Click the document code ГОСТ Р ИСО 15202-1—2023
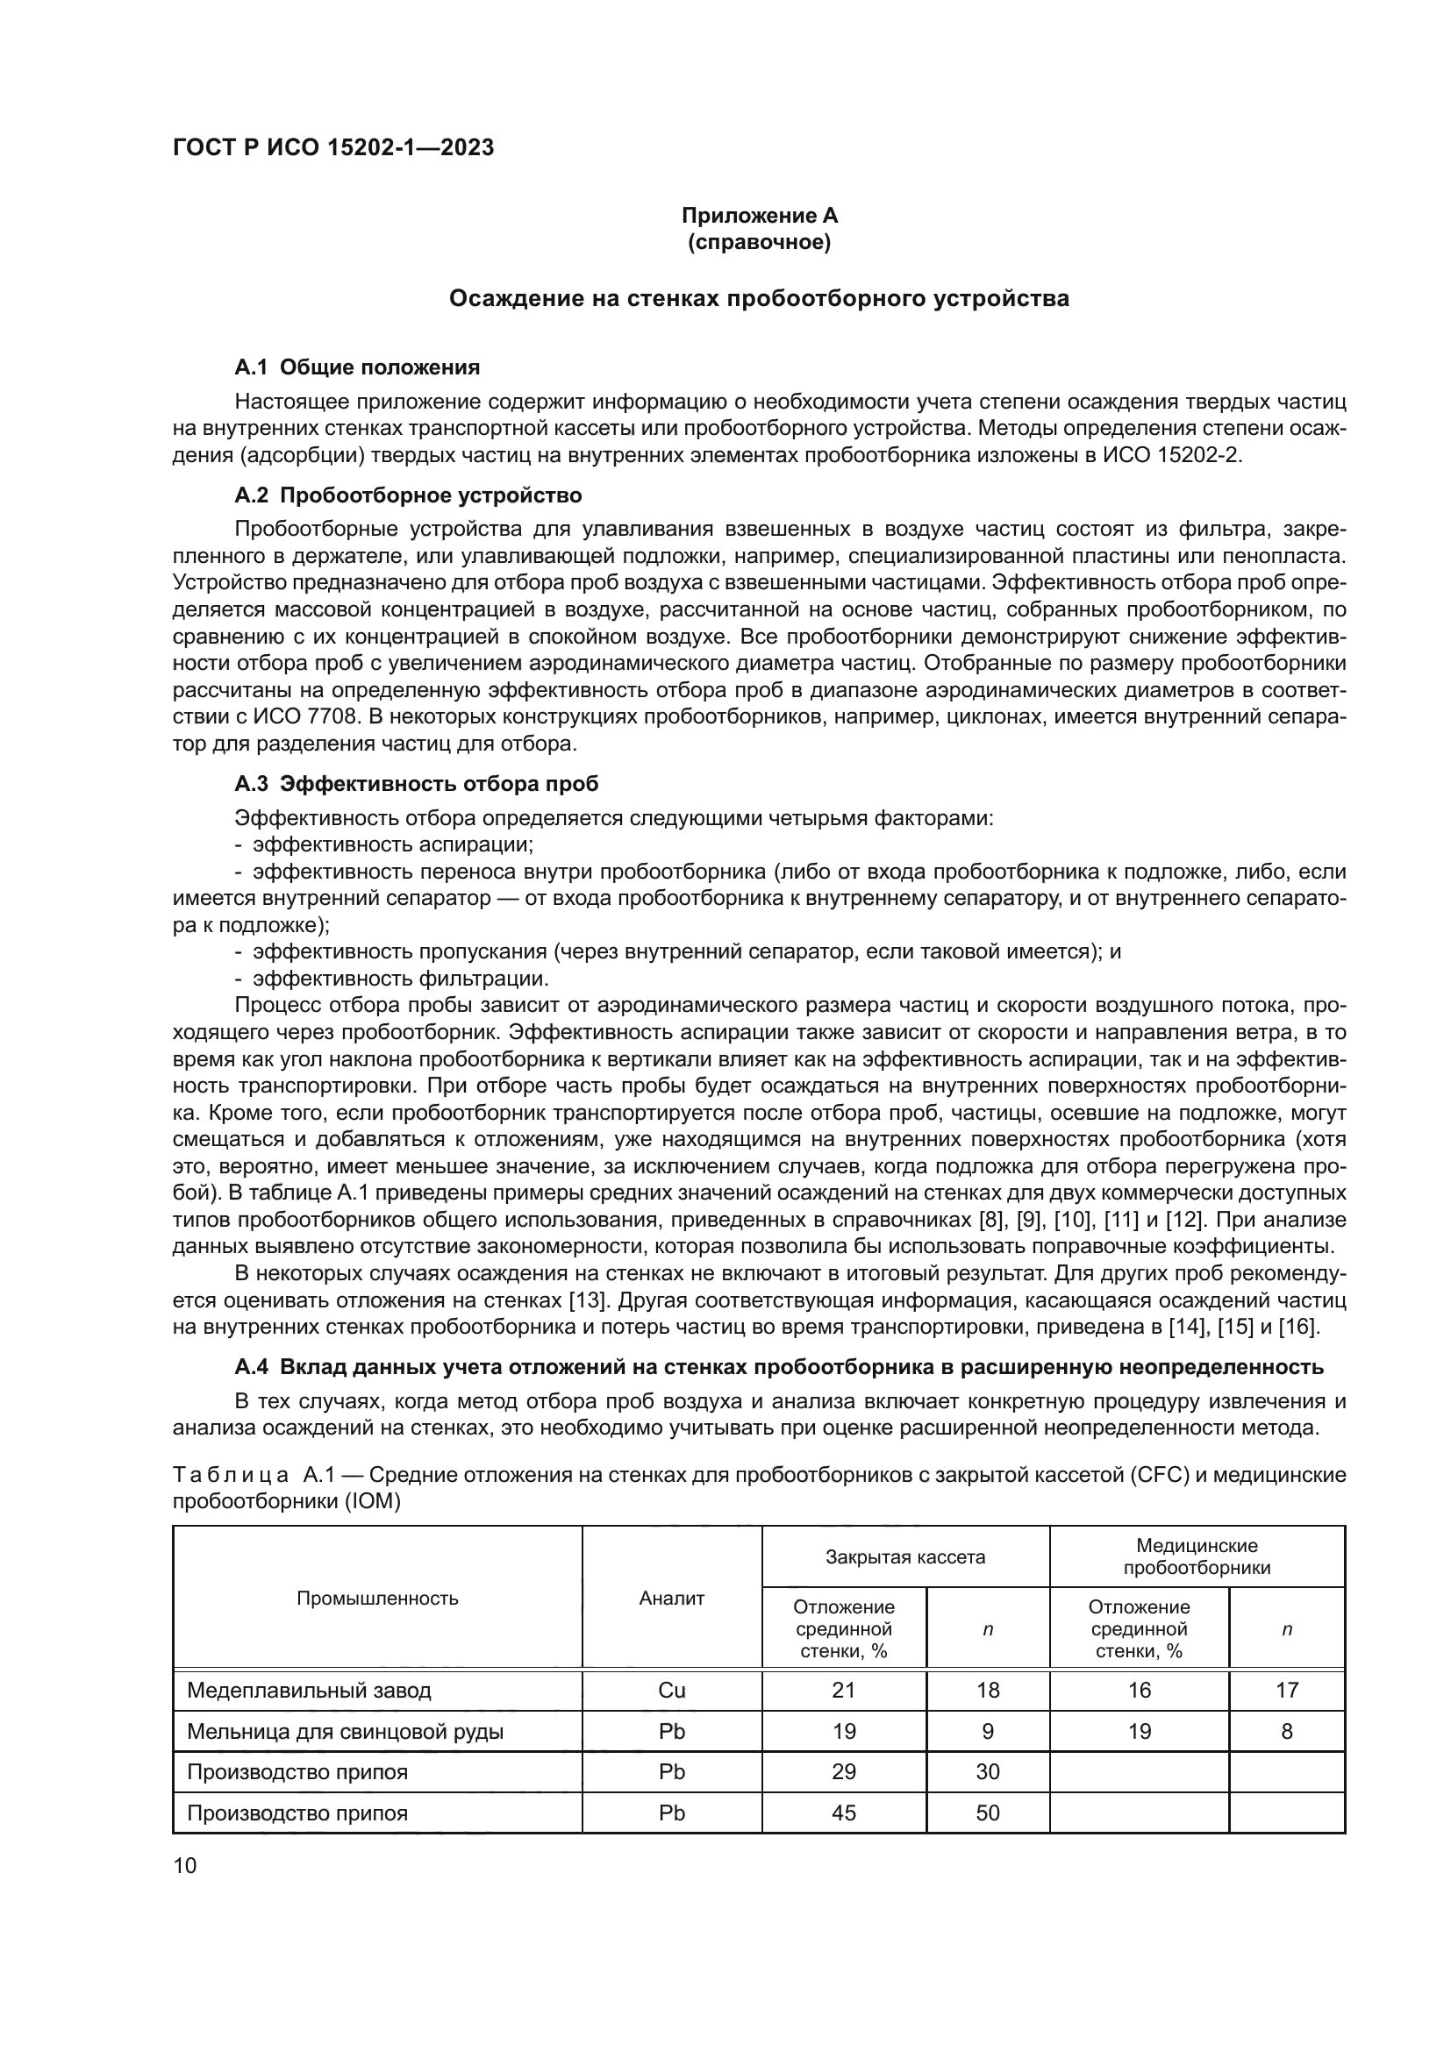pyautogui.click(x=333, y=148)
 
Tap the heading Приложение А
pyautogui.click(x=760, y=216)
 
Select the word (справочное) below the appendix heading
pyautogui.click(x=760, y=242)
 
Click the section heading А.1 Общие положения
pyautogui.click(x=356, y=367)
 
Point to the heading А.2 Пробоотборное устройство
pyautogui.click(x=408, y=495)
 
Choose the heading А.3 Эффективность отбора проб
pyautogui.click(x=417, y=783)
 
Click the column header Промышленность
pyautogui.click(x=377, y=1599)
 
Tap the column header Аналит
pyautogui.click(x=672, y=1599)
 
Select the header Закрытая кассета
pyautogui.click(x=905, y=1557)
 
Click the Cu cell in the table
pyautogui.click(x=672, y=1690)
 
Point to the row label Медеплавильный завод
pyautogui.click(x=309, y=1690)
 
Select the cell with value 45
pyautogui.click(x=843, y=1812)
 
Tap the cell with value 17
pyautogui.click(x=1287, y=1690)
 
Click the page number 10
pyautogui.click(x=185, y=1866)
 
